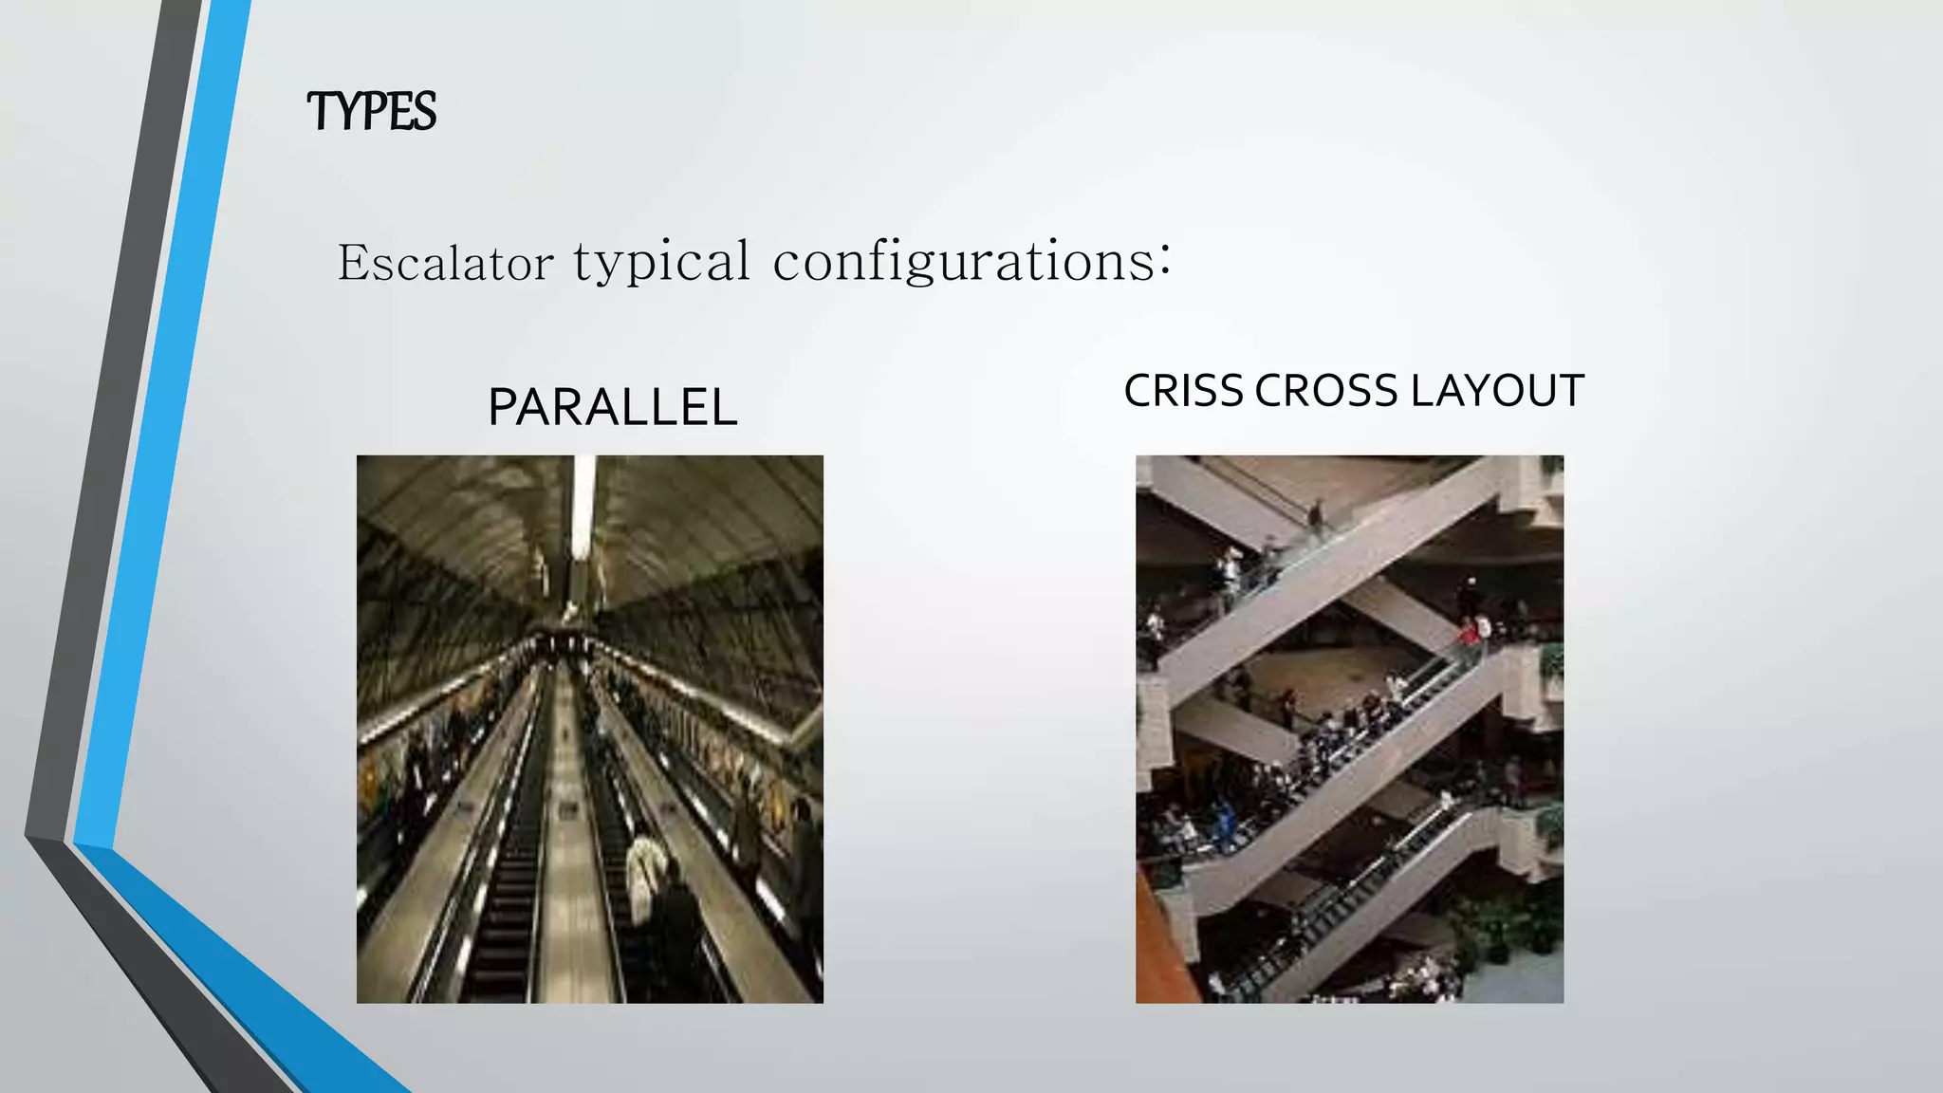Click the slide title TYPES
pyautogui.click(x=372, y=112)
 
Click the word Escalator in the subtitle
pyautogui.click(x=445, y=263)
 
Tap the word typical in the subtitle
pyautogui.click(x=662, y=262)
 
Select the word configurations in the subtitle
pyautogui.click(x=964, y=262)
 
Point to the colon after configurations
pyautogui.click(x=1165, y=258)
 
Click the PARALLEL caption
pyautogui.click(x=612, y=408)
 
